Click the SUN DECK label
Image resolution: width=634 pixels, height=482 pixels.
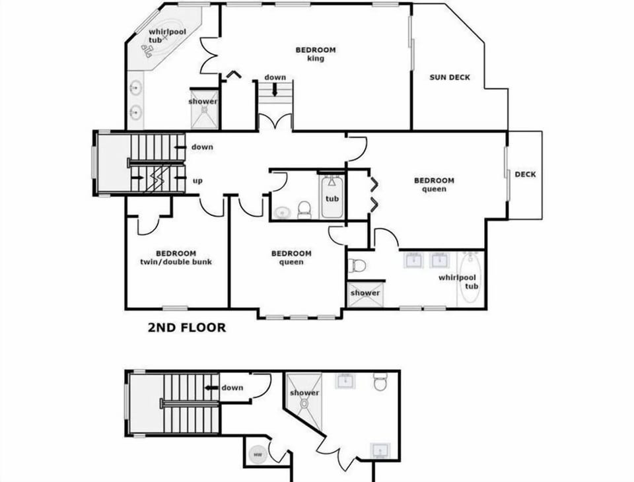450,77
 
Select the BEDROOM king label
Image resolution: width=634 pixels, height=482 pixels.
315,54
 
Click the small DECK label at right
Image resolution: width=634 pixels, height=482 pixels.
525,174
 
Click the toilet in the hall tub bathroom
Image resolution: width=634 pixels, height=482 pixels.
304,209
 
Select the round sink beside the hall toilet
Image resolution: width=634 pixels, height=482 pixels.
283,213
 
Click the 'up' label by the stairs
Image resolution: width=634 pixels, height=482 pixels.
197,180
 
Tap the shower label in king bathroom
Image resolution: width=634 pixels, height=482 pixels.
203,101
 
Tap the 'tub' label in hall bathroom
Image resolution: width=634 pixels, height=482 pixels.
332,199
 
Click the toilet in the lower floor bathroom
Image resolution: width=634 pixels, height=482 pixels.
380,382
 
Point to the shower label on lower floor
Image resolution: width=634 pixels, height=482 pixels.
304,393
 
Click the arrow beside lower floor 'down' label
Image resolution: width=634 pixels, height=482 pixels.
211,388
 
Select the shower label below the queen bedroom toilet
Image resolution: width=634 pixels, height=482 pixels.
365,293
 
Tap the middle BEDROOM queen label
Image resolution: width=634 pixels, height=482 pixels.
291,258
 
